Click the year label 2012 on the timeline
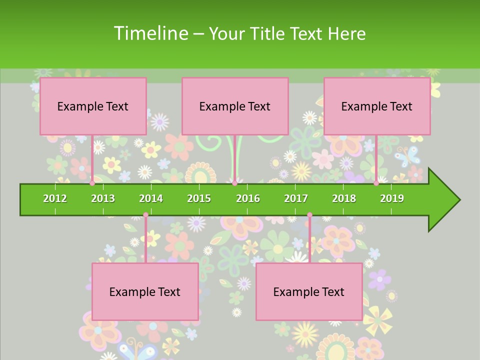55,198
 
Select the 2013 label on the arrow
103,198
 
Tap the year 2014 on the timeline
151,198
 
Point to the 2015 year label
199,198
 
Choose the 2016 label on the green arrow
248,198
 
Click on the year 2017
296,198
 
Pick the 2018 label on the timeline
344,198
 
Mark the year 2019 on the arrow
392,198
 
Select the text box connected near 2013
93,106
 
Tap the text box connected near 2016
235,106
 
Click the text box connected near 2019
377,106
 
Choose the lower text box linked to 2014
145,291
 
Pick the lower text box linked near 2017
309,291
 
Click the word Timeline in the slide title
150,33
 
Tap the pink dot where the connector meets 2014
145,215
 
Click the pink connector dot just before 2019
376,183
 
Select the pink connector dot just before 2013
92,183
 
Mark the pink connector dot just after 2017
309,215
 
